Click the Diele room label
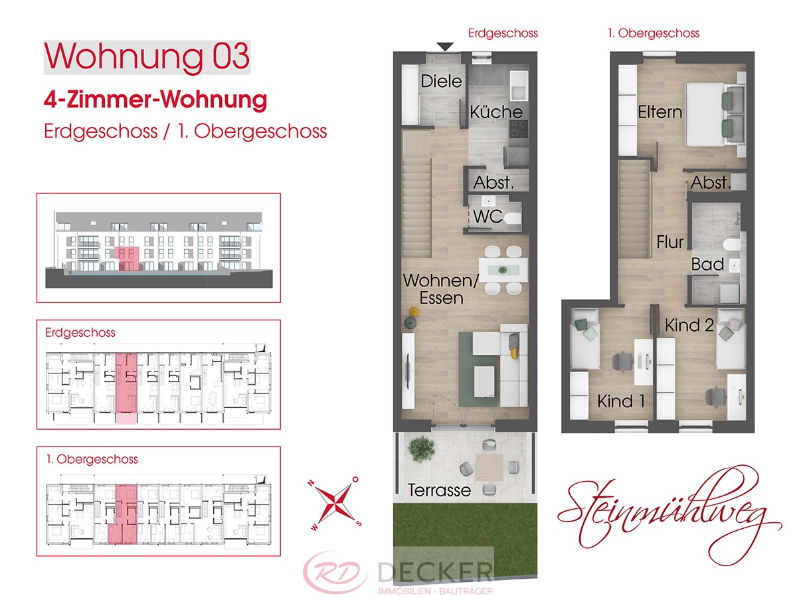tap(441, 81)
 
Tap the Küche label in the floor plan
tap(496, 112)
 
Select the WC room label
tap(488, 217)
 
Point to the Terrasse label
tap(439, 490)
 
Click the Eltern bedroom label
tap(660, 112)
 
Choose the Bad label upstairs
tap(707, 264)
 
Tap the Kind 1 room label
tap(621, 401)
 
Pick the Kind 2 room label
tap(689, 325)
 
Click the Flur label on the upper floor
tap(670, 242)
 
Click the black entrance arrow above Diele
tap(445, 47)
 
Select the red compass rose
tap(334, 503)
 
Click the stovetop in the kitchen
tap(518, 129)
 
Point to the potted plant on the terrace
tap(421, 449)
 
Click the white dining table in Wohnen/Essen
tap(503, 270)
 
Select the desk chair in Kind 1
tap(622, 361)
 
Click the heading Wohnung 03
tap(147, 56)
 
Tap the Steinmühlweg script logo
tap(669, 516)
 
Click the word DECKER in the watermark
tap(435, 573)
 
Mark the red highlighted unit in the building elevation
tap(127, 259)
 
